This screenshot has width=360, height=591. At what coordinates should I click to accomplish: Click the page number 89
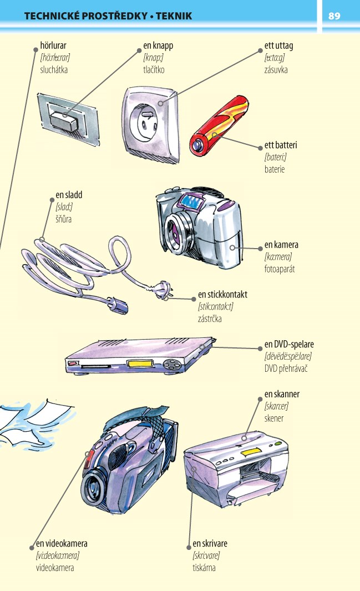coord(334,16)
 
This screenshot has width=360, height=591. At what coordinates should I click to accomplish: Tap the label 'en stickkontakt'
coord(222,294)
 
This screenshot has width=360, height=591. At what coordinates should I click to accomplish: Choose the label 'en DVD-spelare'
coord(289,344)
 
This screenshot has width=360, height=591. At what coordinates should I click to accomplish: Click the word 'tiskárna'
coord(204,568)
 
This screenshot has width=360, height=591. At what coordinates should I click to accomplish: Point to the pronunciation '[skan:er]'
coord(276,406)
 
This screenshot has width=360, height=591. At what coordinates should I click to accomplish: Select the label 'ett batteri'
coord(281,145)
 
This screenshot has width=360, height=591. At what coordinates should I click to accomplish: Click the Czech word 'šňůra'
coord(64,219)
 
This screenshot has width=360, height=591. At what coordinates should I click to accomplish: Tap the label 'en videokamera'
coord(62,543)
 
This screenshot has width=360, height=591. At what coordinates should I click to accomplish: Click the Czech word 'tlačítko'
coord(154,70)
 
